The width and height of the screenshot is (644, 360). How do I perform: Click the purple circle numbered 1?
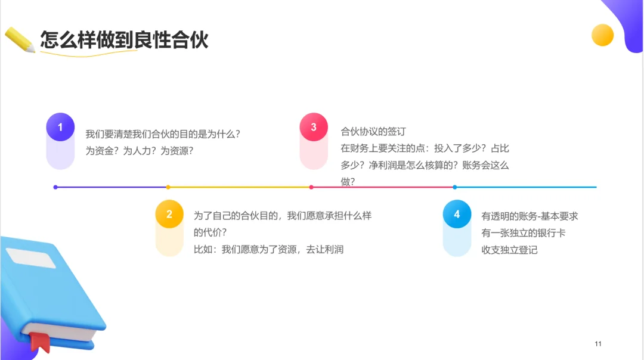click(x=60, y=127)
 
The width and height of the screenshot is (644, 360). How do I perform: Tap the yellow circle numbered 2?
click(x=169, y=214)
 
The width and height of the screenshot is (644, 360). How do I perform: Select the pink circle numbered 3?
click(x=314, y=127)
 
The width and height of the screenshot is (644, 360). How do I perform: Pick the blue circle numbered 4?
click(x=457, y=214)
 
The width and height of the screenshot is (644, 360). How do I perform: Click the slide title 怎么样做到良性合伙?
click(x=124, y=40)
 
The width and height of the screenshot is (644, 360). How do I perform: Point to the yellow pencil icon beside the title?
click(x=20, y=40)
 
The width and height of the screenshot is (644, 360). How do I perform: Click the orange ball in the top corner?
click(x=602, y=35)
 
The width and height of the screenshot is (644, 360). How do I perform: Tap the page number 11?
click(x=598, y=344)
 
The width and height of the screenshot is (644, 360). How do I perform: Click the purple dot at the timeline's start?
click(x=55, y=187)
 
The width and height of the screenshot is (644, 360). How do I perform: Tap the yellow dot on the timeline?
click(x=168, y=187)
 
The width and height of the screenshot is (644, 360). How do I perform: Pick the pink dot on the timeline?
click(x=311, y=187)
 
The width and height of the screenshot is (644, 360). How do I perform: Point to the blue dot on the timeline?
click(x=454, y=187)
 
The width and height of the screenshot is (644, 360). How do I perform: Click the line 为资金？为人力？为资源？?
click(x=140, y=151)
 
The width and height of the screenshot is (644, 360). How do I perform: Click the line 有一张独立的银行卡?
click(x=515, y=232)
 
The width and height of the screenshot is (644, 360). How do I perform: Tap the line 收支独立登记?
click(x=509, y=250)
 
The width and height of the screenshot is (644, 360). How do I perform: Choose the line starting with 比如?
click(x=268, y=249)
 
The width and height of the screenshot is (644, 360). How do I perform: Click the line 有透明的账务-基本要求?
click(x=530, y=216)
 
